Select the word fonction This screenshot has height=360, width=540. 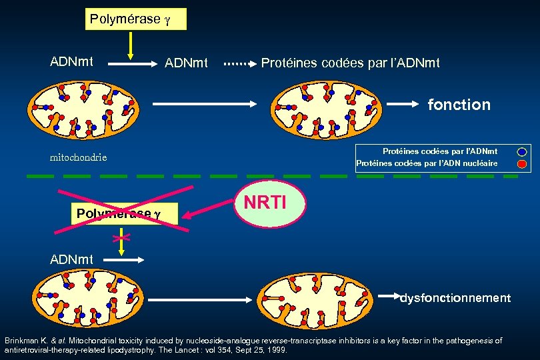[x=459, y=105]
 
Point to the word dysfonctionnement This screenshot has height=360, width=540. [x=455, y=298]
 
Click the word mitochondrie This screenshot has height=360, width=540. [x=79, y=158]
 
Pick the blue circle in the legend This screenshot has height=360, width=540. [x=521, y=152]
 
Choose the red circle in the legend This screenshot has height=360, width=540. [x=521, y=163]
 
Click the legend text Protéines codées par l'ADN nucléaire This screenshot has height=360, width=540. [x=427, y=163]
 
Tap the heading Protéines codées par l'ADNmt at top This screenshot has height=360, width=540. [x=350, y=63]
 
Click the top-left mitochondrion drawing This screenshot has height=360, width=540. [x=84, y=106]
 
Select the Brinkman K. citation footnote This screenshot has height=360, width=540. [x=253, y=345]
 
